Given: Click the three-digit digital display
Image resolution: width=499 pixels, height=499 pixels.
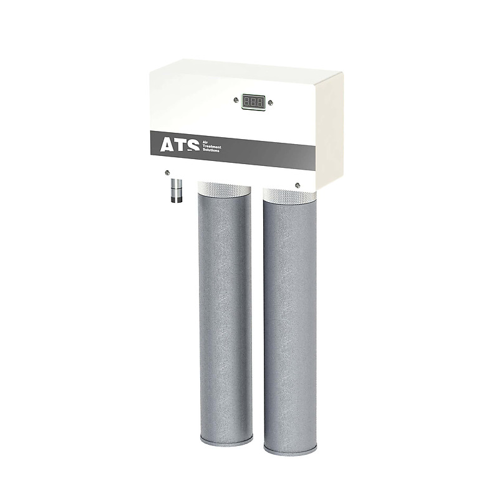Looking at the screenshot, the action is [x=253, y=102].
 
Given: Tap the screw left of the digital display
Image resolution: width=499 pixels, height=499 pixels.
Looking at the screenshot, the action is [x=236, y=100].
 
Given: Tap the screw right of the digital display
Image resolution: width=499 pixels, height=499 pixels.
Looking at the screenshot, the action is [x=271, y=103].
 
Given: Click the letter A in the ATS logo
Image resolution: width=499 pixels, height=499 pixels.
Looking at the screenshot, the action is [x=167, y=145].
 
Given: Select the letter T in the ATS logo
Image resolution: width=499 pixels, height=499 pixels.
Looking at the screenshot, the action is [x=180, y=146].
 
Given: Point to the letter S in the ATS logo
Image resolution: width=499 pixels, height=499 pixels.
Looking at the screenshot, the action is [x=193, y=147].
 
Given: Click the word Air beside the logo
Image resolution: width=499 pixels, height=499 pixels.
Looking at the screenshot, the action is [x=206, y=143].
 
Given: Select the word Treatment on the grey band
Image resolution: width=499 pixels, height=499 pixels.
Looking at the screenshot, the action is [x=212, y=147].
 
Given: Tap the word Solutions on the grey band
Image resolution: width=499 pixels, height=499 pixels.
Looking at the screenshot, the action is [x=211, y=150].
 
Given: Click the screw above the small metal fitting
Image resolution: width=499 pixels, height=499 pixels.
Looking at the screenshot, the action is [x=167, y=173].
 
